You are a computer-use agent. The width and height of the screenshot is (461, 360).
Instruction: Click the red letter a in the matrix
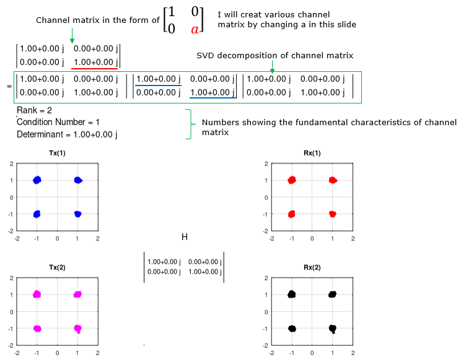195,29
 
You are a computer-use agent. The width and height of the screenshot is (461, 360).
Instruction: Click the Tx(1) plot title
57,153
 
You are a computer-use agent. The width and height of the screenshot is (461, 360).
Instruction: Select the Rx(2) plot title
312,267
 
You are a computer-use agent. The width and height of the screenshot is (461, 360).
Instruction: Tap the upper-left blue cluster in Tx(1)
37,180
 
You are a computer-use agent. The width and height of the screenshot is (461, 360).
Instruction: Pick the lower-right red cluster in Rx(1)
333,214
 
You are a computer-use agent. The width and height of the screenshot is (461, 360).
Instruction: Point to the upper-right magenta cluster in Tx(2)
77,294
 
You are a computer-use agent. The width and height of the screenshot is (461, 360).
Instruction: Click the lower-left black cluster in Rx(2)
292,328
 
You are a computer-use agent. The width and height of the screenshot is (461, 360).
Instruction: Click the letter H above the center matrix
185,237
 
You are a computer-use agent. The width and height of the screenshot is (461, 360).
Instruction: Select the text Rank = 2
34,110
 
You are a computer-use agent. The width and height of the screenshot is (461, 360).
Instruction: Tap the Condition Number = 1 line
58,122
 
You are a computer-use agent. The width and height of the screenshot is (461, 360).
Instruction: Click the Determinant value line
67,134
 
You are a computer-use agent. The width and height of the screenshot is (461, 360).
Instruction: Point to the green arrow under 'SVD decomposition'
272,67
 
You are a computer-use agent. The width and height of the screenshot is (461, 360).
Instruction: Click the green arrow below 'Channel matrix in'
72,36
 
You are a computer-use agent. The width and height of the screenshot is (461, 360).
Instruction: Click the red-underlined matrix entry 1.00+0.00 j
96,63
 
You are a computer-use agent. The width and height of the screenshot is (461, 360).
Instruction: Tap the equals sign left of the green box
9,87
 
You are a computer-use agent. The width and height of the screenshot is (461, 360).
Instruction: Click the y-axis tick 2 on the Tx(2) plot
12,278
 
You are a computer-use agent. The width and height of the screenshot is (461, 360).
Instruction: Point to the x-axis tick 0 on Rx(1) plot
312,239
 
